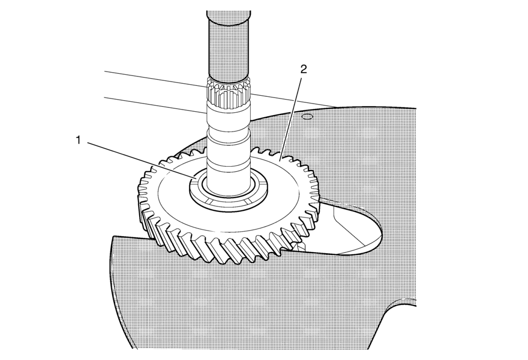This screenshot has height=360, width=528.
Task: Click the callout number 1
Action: tap(79, 140)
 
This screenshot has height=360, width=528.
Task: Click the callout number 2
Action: tap(304, 69)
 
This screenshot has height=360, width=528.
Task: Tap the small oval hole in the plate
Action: tap(307, 117)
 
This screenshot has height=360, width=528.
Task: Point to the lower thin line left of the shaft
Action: tap(156, 105)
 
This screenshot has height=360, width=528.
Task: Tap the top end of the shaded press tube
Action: tap(228, 13)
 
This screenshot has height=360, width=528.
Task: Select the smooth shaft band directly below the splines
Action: tap(228, 114)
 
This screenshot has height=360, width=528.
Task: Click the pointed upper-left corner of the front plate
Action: tap(113, 236)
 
